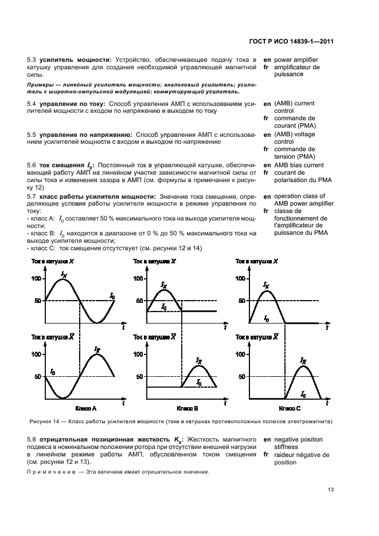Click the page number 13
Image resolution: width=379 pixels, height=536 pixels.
pyautogui.click(x=331, y=489)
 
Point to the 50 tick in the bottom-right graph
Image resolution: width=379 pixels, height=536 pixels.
pyautogui.click(x=241, y=376)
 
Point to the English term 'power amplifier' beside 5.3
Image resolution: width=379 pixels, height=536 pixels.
pyautogui.click(x=296, y=60)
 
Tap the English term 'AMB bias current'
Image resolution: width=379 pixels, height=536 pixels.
pyautogui.click(x=299, y=165)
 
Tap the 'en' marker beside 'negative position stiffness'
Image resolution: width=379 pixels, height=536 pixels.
pyautogui.click(x=267, y=439)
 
